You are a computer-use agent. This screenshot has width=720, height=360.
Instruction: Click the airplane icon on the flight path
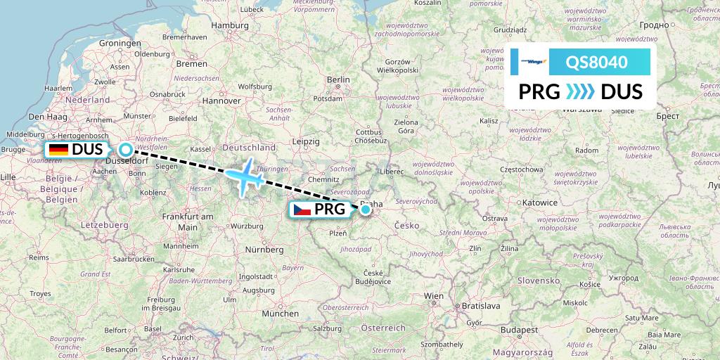[243, 178]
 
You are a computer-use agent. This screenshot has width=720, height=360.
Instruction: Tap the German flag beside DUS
[58, 149]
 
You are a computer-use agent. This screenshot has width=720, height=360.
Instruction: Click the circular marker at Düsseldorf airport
[125, 149]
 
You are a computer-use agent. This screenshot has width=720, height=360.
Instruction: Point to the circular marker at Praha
[366, 209]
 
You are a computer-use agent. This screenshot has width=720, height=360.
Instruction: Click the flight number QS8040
[598, 62]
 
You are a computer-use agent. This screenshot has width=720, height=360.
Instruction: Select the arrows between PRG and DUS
[581, 92]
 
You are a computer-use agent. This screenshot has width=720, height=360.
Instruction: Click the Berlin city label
[338, 80]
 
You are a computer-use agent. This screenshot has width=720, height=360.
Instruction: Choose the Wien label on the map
[435, 296]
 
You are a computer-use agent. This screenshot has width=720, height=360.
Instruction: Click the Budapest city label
[514, 329]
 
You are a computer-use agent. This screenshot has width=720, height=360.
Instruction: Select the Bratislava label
[480, 307]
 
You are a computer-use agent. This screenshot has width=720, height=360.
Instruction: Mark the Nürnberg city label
[264, 250]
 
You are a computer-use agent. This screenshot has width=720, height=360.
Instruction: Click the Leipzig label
[307, 141]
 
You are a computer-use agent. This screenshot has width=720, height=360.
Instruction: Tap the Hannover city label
[221, 101]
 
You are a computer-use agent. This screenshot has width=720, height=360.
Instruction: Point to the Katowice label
[539, 202]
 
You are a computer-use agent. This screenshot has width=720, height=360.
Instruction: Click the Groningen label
[120, 43]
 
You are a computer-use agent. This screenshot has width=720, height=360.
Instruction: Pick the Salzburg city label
[328, 328]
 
